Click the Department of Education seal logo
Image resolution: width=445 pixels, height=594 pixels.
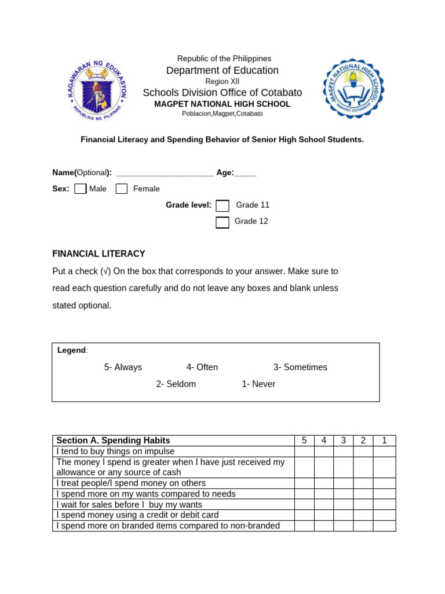[97, 89]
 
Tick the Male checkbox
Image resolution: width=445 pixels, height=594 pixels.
[81, 189]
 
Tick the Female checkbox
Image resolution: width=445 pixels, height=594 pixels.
[122, 189]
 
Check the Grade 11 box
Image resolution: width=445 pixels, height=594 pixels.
[222, 205]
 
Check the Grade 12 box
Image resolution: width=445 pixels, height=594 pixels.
[222, 222]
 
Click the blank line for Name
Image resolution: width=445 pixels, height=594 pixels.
[165, 173]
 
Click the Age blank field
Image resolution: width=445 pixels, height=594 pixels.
[246, 173]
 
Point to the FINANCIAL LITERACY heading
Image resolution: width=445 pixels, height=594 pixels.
[99, 254]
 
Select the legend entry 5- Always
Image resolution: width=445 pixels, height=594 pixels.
[123, 367]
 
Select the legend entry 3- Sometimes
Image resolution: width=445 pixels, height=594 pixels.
[300, 367]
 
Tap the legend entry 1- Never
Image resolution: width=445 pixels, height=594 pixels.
[258, 384]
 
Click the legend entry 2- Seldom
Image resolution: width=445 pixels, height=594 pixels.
[176, 384]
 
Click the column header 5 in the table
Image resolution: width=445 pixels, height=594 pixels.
[304, 441]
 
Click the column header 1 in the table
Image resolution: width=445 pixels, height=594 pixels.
[384, 441]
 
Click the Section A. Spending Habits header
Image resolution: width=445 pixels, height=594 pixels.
[113, 441]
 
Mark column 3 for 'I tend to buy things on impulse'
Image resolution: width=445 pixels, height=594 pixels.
[344, 451]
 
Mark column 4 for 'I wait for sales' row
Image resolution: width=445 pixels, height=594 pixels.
[324, 505]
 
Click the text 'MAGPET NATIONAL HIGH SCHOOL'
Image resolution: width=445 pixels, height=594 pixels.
[222, 104]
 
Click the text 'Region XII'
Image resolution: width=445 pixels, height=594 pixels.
[222, 82]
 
